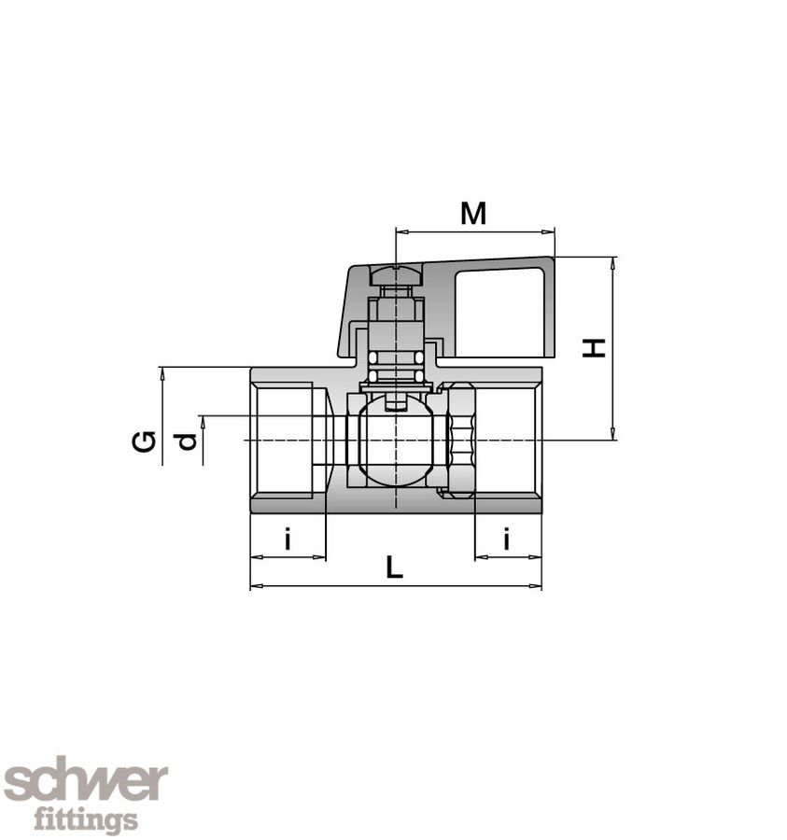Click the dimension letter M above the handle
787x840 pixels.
click(473, 214)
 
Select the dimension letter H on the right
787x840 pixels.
click(594, 347)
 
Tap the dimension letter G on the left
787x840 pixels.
click(143, 441)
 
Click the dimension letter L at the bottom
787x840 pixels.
click(395, 567)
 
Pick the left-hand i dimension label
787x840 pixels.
click(288, 539)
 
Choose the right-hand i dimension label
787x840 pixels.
click(507, 539)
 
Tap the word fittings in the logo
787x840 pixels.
click(86, 820)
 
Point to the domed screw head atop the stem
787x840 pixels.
click(397, 275)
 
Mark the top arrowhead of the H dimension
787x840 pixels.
click(612, 262)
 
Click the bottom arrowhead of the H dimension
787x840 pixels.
click(612, 434)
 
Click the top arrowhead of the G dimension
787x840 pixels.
click(162, 372)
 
